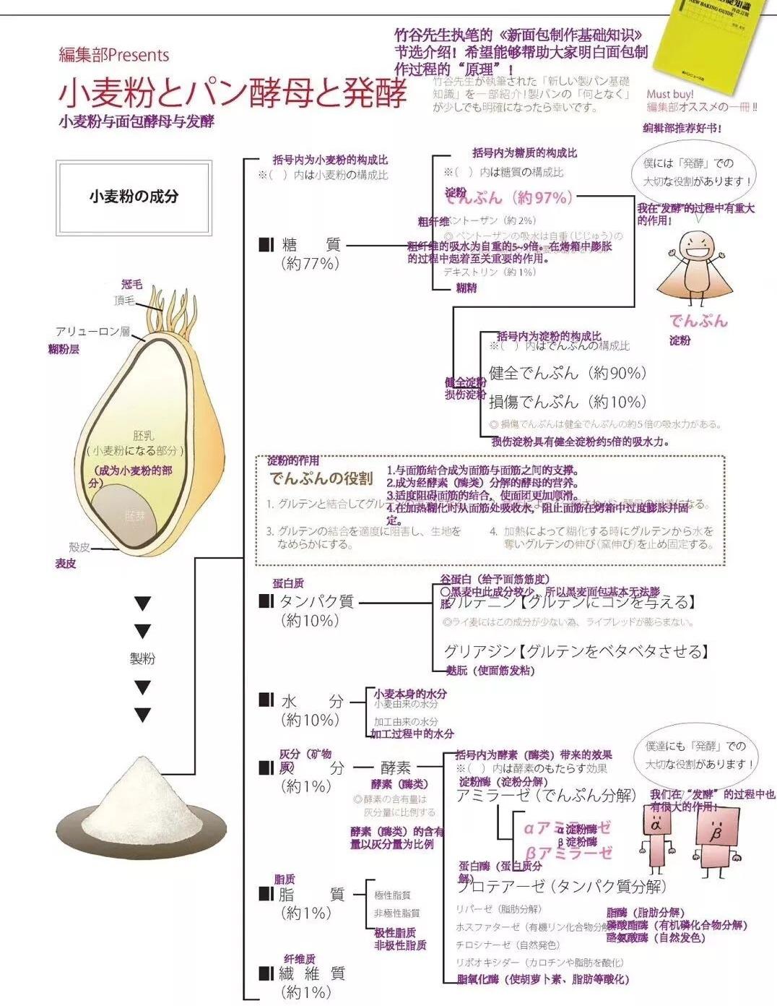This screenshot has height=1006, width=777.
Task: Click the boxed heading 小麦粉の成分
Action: [x=134, y=197]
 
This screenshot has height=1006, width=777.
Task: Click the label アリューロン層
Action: [x=92, y=332]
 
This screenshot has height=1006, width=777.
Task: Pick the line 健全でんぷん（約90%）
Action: [x=568, y=374]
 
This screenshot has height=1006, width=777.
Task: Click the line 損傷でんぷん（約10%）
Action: [x=568, y=402]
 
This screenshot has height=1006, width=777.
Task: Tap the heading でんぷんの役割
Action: [x=321, y=478]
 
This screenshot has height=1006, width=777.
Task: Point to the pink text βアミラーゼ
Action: [x=568, y=853]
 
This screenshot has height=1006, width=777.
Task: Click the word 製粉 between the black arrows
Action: [x=142, y=658]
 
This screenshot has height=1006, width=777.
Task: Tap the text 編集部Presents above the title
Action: [x=114, y=56]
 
